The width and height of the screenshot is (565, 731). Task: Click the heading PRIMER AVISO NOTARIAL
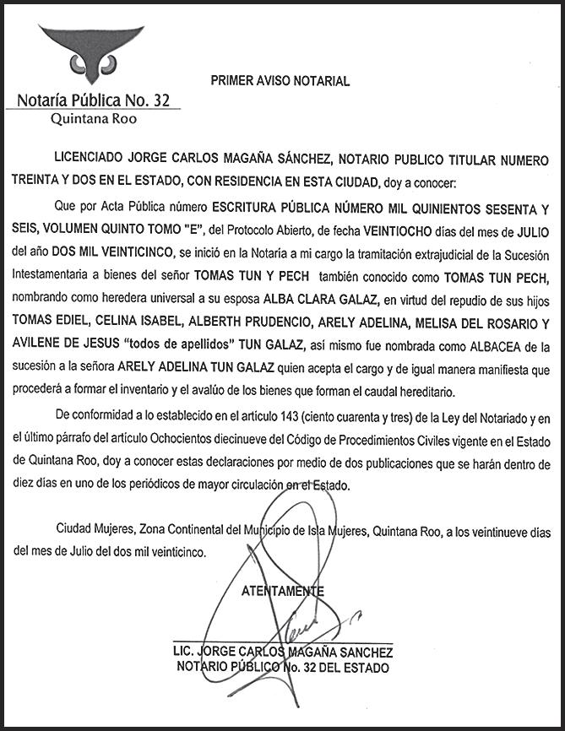(x=279, y=81)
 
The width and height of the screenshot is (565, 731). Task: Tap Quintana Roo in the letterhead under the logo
(x=94, y=119)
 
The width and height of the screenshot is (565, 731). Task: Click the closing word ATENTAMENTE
(x=283, y=591)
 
